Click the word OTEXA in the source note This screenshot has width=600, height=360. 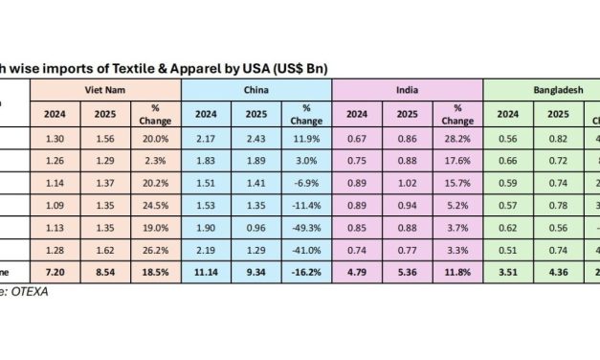click(x=31, y=292)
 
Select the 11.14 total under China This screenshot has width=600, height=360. click(x=206, y=274)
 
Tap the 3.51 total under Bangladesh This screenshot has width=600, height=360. click(x=508, y=274)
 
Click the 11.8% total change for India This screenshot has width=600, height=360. click(x=457, y=274)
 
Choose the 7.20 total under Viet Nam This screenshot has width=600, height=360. click(x=55, y=274)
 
